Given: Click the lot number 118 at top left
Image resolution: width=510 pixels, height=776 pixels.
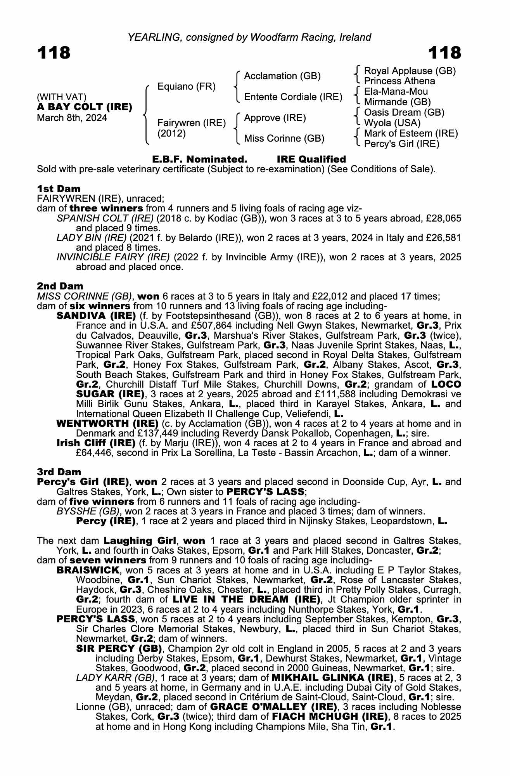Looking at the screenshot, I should tap(54, 53).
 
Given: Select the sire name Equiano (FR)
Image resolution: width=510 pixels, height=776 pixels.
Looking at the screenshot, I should tap(186, 87).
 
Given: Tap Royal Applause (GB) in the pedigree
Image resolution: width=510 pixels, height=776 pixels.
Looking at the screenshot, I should tap(410, 71).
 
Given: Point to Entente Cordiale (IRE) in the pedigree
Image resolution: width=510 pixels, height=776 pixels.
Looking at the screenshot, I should tap(293, 97).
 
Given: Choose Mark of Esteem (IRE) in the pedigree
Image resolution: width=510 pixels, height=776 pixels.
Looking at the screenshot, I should tap(411, 134).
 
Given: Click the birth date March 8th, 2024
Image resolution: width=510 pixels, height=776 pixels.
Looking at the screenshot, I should tap(72, 118).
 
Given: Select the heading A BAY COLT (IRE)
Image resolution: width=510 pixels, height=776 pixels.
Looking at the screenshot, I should tap(85, 107).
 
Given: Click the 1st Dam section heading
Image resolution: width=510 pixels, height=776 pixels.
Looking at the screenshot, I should tap(59, 189).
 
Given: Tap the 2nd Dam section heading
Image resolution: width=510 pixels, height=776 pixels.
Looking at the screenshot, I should tap(60, 286).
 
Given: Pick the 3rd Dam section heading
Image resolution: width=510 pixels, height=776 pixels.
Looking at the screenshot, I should tap(59, 472).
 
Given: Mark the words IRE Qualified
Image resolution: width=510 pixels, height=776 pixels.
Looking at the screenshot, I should tap(311, 159).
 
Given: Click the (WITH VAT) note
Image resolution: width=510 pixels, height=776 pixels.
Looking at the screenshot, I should tap(62, 97).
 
